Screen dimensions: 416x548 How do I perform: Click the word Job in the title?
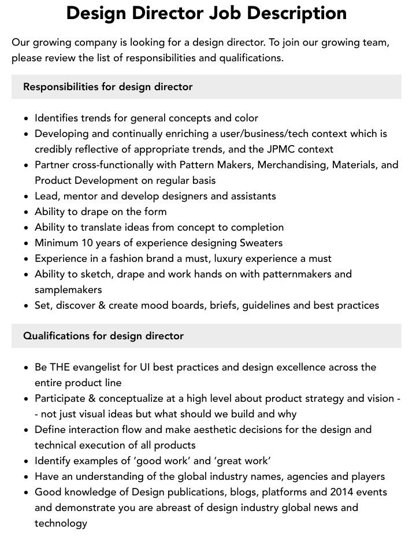tap(231, 13)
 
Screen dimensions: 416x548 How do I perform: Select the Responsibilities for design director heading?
tap(108, 87)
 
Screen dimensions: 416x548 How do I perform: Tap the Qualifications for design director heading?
tap(103, 336)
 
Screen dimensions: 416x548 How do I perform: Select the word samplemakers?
tap(68, 290)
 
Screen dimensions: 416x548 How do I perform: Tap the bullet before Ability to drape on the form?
tap(26, 212)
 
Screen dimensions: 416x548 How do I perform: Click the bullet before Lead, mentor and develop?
tap(26, 197)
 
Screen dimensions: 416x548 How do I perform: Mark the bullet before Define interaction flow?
tap(26, 430)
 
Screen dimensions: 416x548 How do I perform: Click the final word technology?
tap(61, 523)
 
